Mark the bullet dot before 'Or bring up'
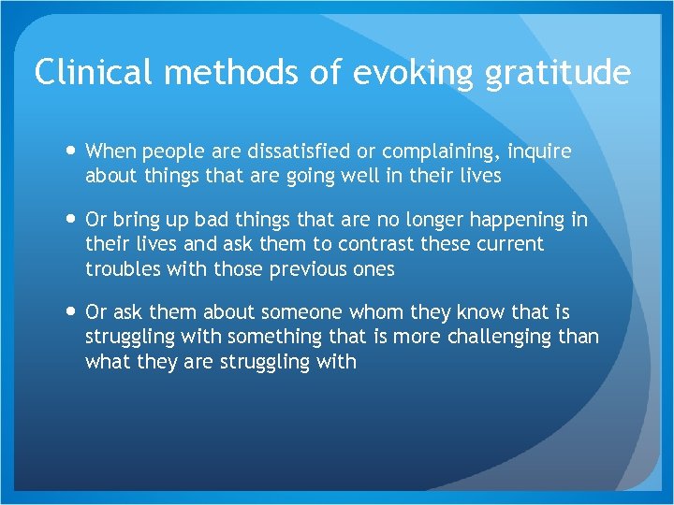pos(69,220)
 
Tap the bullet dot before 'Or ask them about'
pos(69,311)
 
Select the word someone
pos(298,311)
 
